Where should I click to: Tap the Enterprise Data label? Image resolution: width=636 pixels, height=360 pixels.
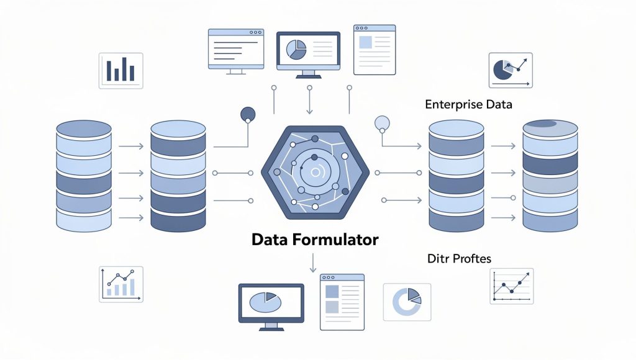(x=468, y=105)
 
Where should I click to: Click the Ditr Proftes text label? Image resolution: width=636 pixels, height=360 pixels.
(x=459, y=259)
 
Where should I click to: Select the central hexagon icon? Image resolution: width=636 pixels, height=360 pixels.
(x=315, y=173)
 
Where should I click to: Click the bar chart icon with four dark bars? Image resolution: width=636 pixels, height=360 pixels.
(x=121, y=71)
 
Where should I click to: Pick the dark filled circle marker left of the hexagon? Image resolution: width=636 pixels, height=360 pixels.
(x=248, y=114)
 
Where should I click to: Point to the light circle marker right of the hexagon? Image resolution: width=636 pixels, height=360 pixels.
(x=382, y=123)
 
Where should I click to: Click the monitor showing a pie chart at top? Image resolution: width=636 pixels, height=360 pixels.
(x=308, y=55)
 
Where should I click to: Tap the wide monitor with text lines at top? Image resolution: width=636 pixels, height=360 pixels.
(x=236, y=52)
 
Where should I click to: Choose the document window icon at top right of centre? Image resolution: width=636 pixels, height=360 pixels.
(x=375, y=50)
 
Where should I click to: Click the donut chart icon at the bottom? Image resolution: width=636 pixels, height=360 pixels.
(x=407, y=302)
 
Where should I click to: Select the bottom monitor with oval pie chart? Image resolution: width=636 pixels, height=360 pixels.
(x=271, y=307)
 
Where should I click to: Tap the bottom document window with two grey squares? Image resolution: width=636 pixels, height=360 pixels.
(x=342, y=302)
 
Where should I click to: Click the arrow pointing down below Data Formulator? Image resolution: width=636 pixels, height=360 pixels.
(x=313, y=263)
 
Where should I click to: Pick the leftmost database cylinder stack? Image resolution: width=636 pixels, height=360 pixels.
(x=84, y=176)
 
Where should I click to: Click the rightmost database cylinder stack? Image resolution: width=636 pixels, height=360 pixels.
(x=550, y=176)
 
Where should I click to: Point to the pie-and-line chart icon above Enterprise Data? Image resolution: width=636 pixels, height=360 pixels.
(x=511, y=70)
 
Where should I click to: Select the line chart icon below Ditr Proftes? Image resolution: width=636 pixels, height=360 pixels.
(x=512, y=286)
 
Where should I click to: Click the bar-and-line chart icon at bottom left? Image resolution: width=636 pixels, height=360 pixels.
(x=121, y=284)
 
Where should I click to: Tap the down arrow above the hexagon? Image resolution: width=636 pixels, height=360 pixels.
(x=309, y=100)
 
